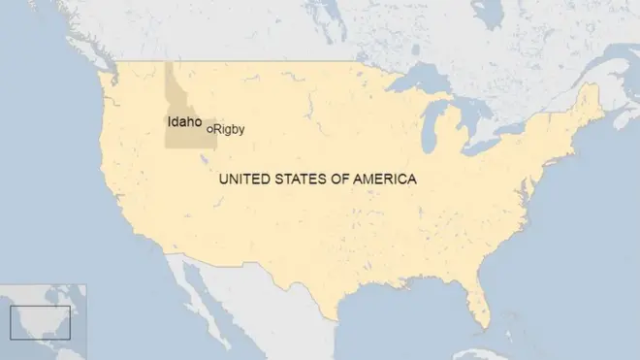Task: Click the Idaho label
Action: [184, 122]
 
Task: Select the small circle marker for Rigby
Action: [209, 128]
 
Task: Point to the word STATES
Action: [304, 180]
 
